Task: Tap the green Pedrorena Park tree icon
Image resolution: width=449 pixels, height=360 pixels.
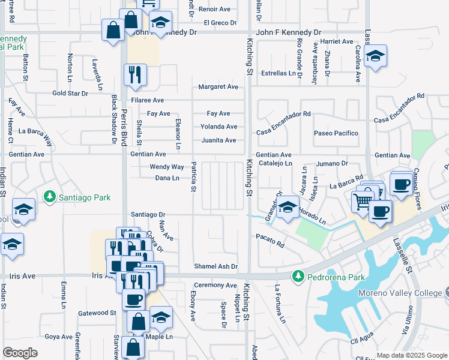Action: pos(297,276)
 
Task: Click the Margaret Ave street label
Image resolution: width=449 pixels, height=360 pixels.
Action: pos(218,87)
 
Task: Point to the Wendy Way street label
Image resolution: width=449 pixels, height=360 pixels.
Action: pos(167,167)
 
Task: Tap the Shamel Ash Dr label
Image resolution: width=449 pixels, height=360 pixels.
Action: pos(215,266)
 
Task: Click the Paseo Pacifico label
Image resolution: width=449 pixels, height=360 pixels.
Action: pos(336,133)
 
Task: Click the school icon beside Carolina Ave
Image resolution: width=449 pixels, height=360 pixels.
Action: pos(375,56)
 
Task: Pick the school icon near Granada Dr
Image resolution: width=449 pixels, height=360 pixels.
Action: pos(288,208)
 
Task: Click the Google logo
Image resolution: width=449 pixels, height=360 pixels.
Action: pos(20,353)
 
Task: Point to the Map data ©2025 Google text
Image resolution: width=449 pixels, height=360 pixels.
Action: pos(412,355)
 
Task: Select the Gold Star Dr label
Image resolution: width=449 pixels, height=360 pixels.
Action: pos(70,94)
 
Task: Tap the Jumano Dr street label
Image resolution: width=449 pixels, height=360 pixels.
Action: pos(332,163)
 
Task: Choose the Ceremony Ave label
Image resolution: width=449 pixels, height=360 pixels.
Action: pos(215,285)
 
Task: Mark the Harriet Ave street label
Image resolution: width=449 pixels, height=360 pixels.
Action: pos(337,41)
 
